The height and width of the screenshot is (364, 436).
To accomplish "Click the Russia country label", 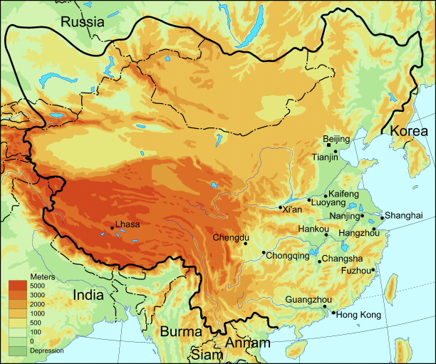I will [x=82, y=22].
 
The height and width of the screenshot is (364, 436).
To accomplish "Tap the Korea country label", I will [x=408, y=131].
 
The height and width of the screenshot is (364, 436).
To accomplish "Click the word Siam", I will [x=205, y=354].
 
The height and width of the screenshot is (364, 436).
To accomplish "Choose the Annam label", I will [x=247, y=343].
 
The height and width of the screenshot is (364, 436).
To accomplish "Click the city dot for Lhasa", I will [x=112, y=229].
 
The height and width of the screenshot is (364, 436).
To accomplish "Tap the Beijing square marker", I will [x=328, y=145].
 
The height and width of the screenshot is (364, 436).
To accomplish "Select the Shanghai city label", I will [x=405, y=216].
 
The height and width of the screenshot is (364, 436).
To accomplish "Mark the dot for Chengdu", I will [x=246, y=244].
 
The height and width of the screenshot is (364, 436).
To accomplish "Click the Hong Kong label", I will [x=358, y=315].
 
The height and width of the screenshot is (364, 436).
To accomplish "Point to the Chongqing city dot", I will [x=264, y=253].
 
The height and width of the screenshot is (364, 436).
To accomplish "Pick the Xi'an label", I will [x=292, y=210].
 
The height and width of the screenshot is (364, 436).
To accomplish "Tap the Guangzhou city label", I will [x=308, y=300].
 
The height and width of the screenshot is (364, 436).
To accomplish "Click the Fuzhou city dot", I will [x=373, y=270].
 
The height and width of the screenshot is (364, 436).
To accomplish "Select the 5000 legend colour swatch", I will [x=18, y=286].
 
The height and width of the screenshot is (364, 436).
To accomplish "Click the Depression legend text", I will [x=46, y=350].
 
